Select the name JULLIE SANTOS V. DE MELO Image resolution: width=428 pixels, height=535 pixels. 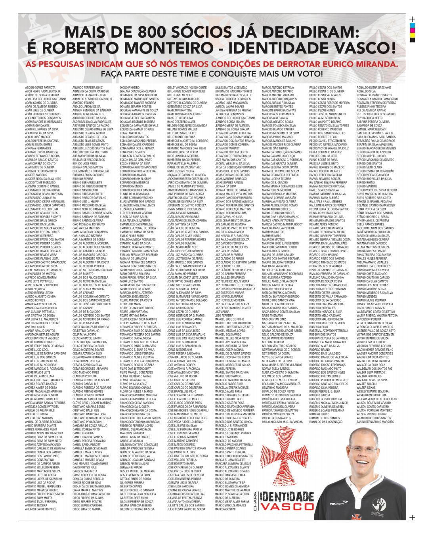coord(231,87)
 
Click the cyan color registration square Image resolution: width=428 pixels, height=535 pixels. coord(412,25)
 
